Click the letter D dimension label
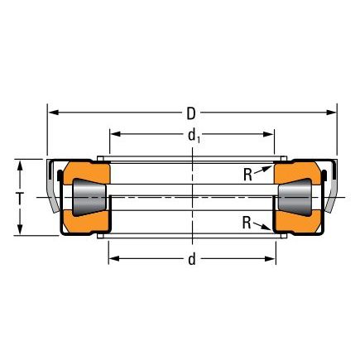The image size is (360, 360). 191,113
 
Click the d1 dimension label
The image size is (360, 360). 194,137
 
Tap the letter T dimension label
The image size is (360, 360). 20,198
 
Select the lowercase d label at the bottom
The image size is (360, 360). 192,259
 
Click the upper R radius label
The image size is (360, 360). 247,175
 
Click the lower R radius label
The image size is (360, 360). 247,223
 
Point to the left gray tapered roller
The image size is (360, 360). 89,197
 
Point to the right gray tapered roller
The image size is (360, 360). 295,197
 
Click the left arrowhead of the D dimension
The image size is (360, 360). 53,113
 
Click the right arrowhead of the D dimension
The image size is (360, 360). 331,113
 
